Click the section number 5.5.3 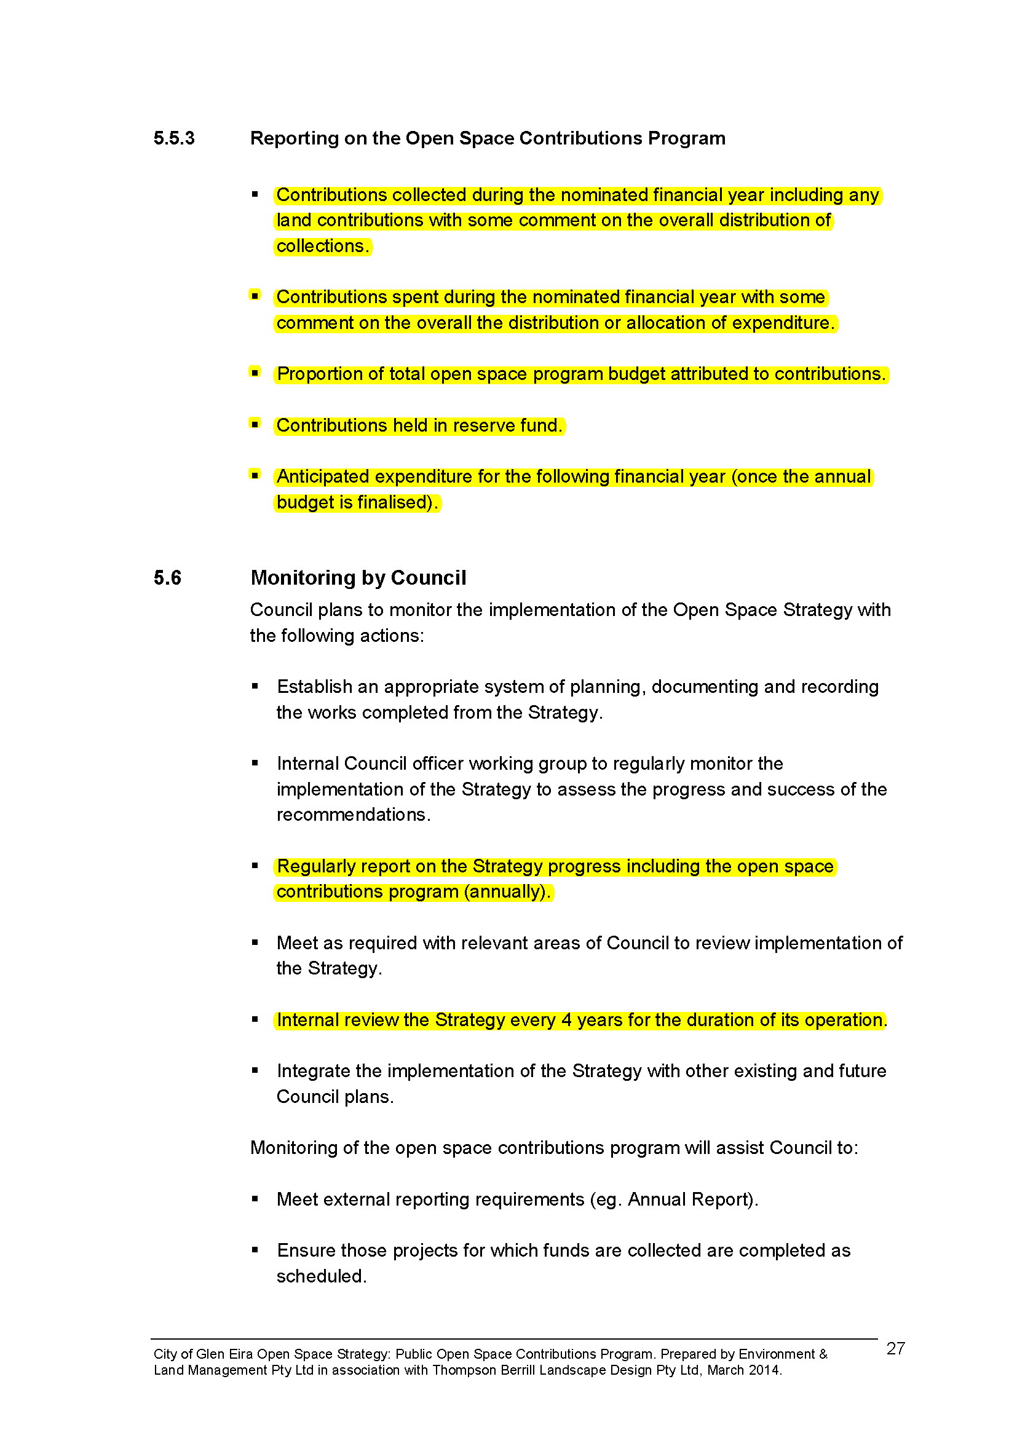173,138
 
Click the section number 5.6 167,577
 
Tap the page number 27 895,1348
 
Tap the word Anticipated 323,476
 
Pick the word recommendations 352,815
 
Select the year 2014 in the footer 764,1370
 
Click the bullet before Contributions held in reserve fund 255,424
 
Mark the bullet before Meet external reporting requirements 255,1198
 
